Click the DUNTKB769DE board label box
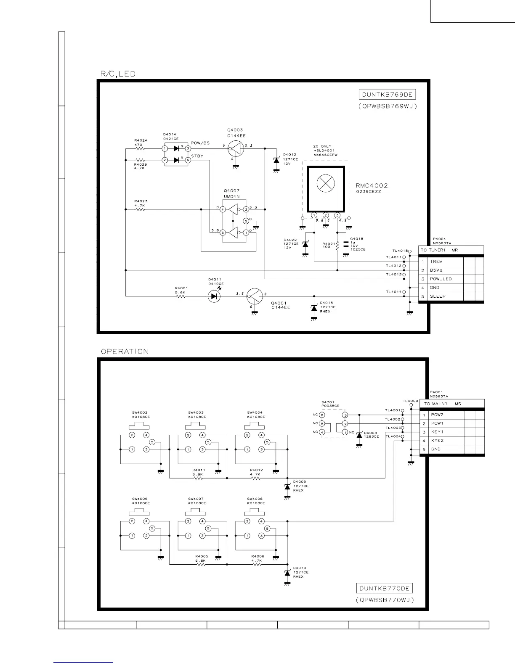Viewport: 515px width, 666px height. [x=387, y=95]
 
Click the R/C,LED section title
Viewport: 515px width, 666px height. [x=117, y=74]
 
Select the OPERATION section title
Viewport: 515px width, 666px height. [x=125, y=351]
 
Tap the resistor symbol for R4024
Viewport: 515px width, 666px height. [x=140, y=148]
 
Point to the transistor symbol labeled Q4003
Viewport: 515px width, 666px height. [x=236, y=148]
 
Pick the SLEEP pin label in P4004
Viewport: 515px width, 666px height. [x=438, y=296]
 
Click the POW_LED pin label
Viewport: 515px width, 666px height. [x=441, y=279]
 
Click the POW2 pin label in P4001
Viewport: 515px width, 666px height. [x=437, y=415]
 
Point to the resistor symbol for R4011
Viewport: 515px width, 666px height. [x=198, y=478]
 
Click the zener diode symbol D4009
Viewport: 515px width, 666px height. [x=287, y=486]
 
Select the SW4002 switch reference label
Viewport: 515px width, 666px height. [x=140, y=412]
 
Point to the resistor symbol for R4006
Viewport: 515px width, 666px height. [x=257, y=564]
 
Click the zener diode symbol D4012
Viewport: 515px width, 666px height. [x=276, y=160]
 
